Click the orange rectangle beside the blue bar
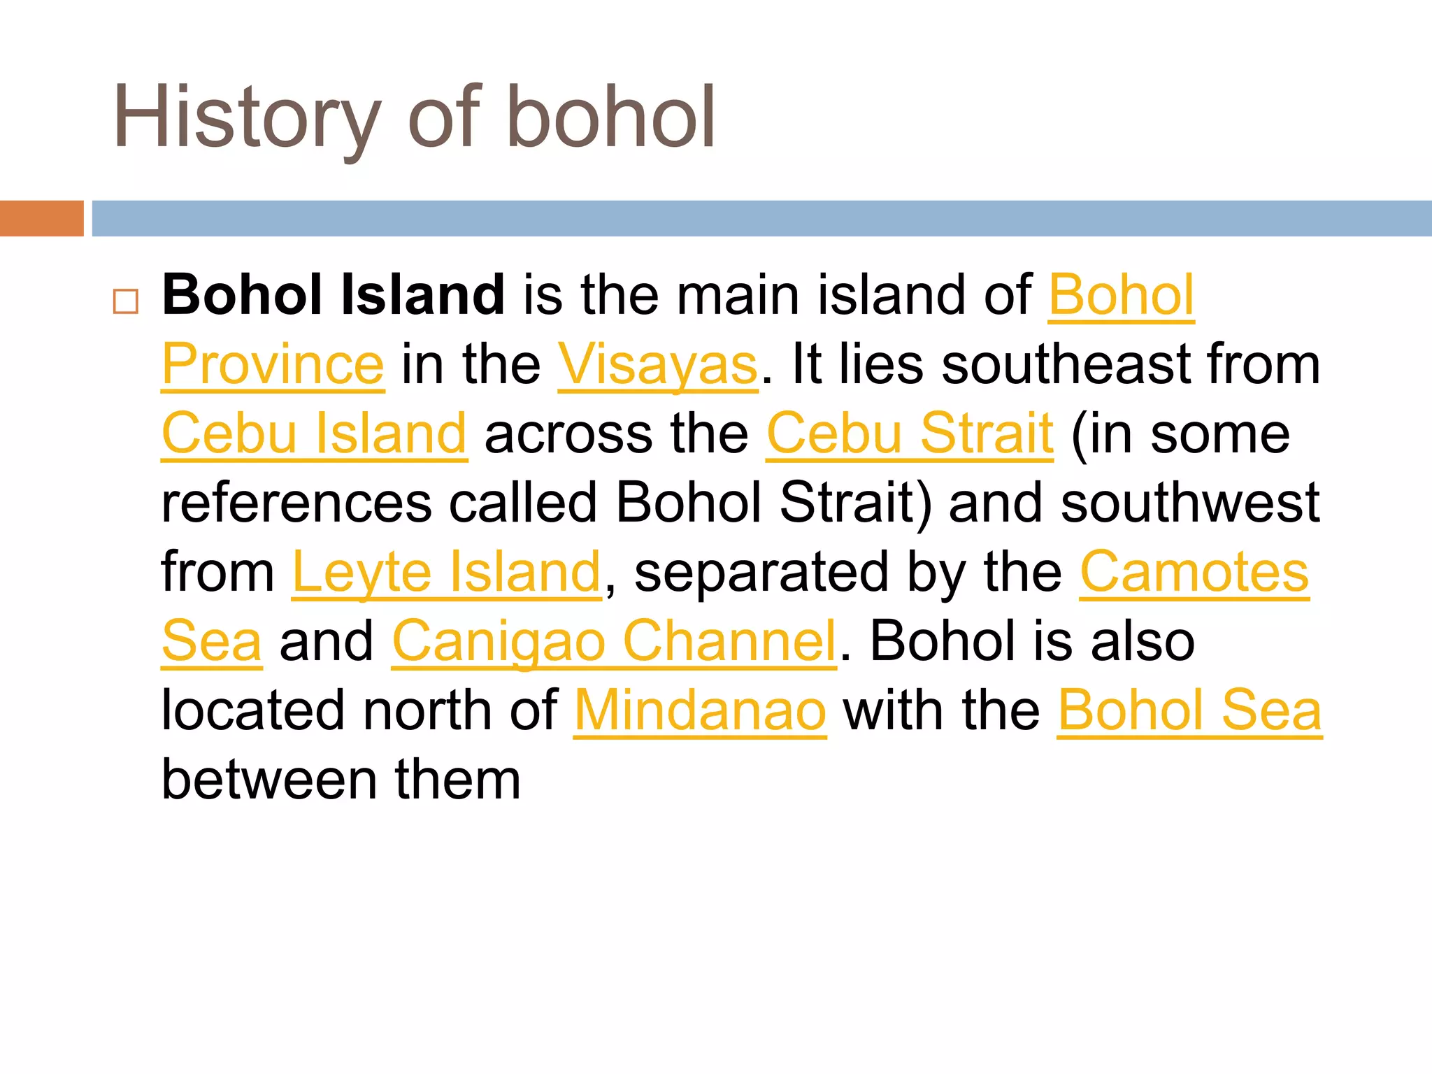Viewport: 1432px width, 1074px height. pos(41,218)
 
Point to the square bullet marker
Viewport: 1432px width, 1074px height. pos(126,301)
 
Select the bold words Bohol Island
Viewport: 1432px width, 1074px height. pos(333,295)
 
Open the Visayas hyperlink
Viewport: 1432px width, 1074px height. pos(657,364)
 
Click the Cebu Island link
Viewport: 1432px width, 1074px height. pos(314,434)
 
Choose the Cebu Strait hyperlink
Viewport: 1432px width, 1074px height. pos(909,434)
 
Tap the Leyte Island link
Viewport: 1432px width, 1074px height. pos(446,572)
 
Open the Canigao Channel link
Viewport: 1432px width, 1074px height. pos(614,641)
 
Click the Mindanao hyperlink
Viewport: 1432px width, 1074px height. pos(700,710)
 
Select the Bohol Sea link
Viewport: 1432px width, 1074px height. pos(1189,710)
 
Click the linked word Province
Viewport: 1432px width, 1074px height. pos(273,364)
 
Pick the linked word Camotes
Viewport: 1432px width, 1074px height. pos(1194,572)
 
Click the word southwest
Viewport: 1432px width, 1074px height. pos(1189,503)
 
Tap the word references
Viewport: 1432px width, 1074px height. pos(296,503)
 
